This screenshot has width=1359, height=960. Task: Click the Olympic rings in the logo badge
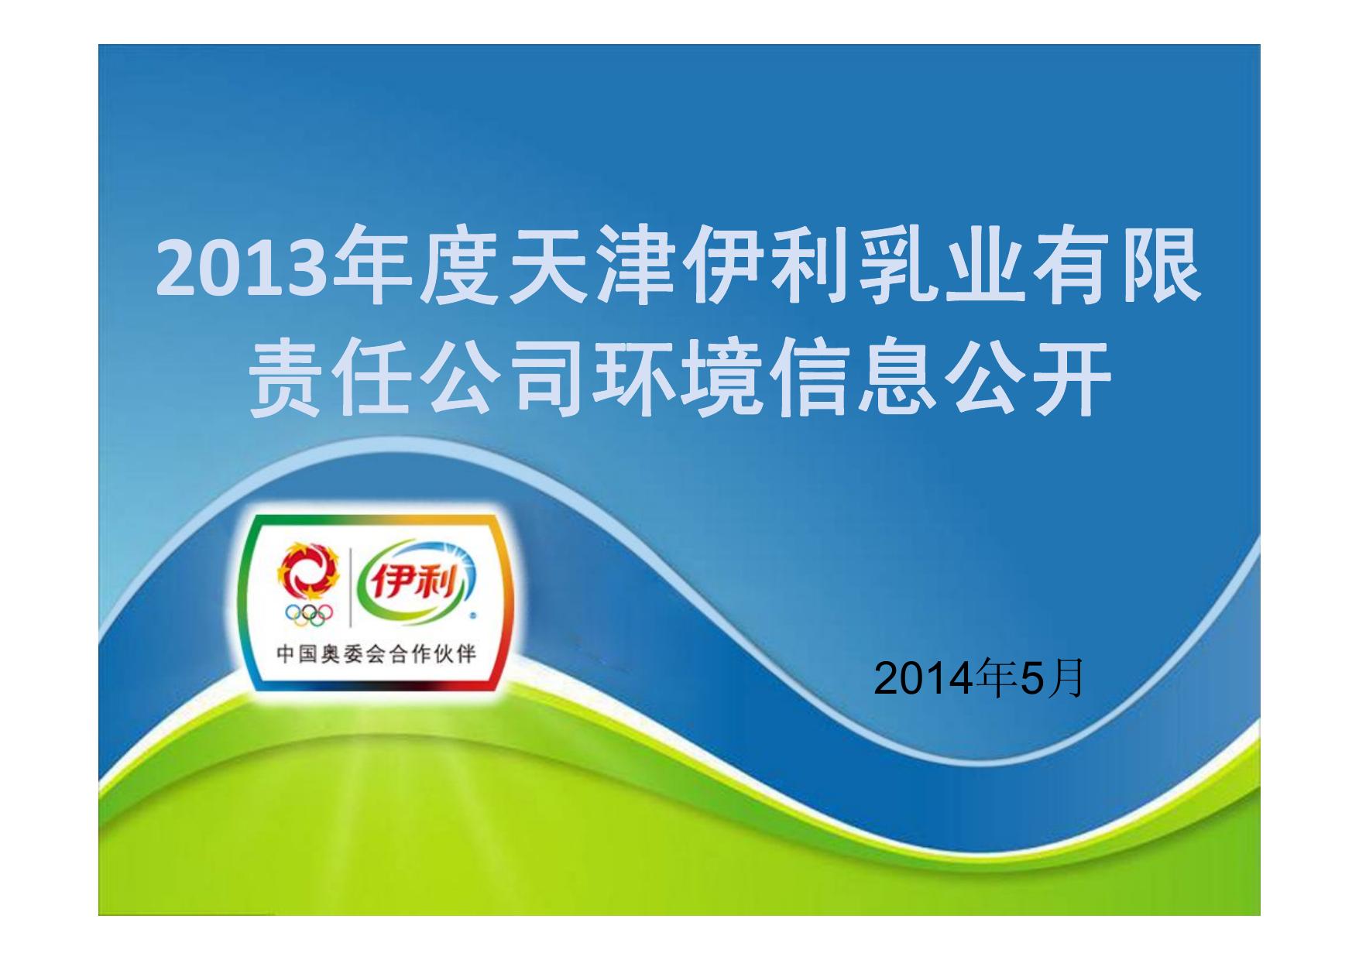[308, 613]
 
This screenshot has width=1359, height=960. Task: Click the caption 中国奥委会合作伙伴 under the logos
[376, 654]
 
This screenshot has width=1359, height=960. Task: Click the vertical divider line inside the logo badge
[350, 588]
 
